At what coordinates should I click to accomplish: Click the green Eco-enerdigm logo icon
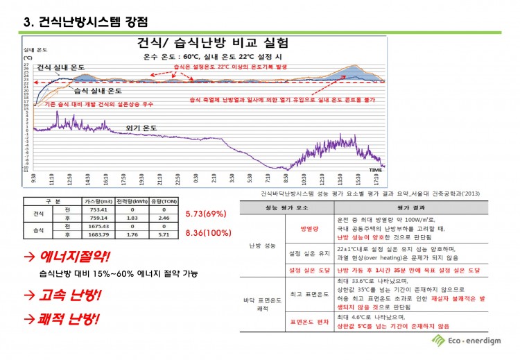pyautogui.click(x=437, y=340)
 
